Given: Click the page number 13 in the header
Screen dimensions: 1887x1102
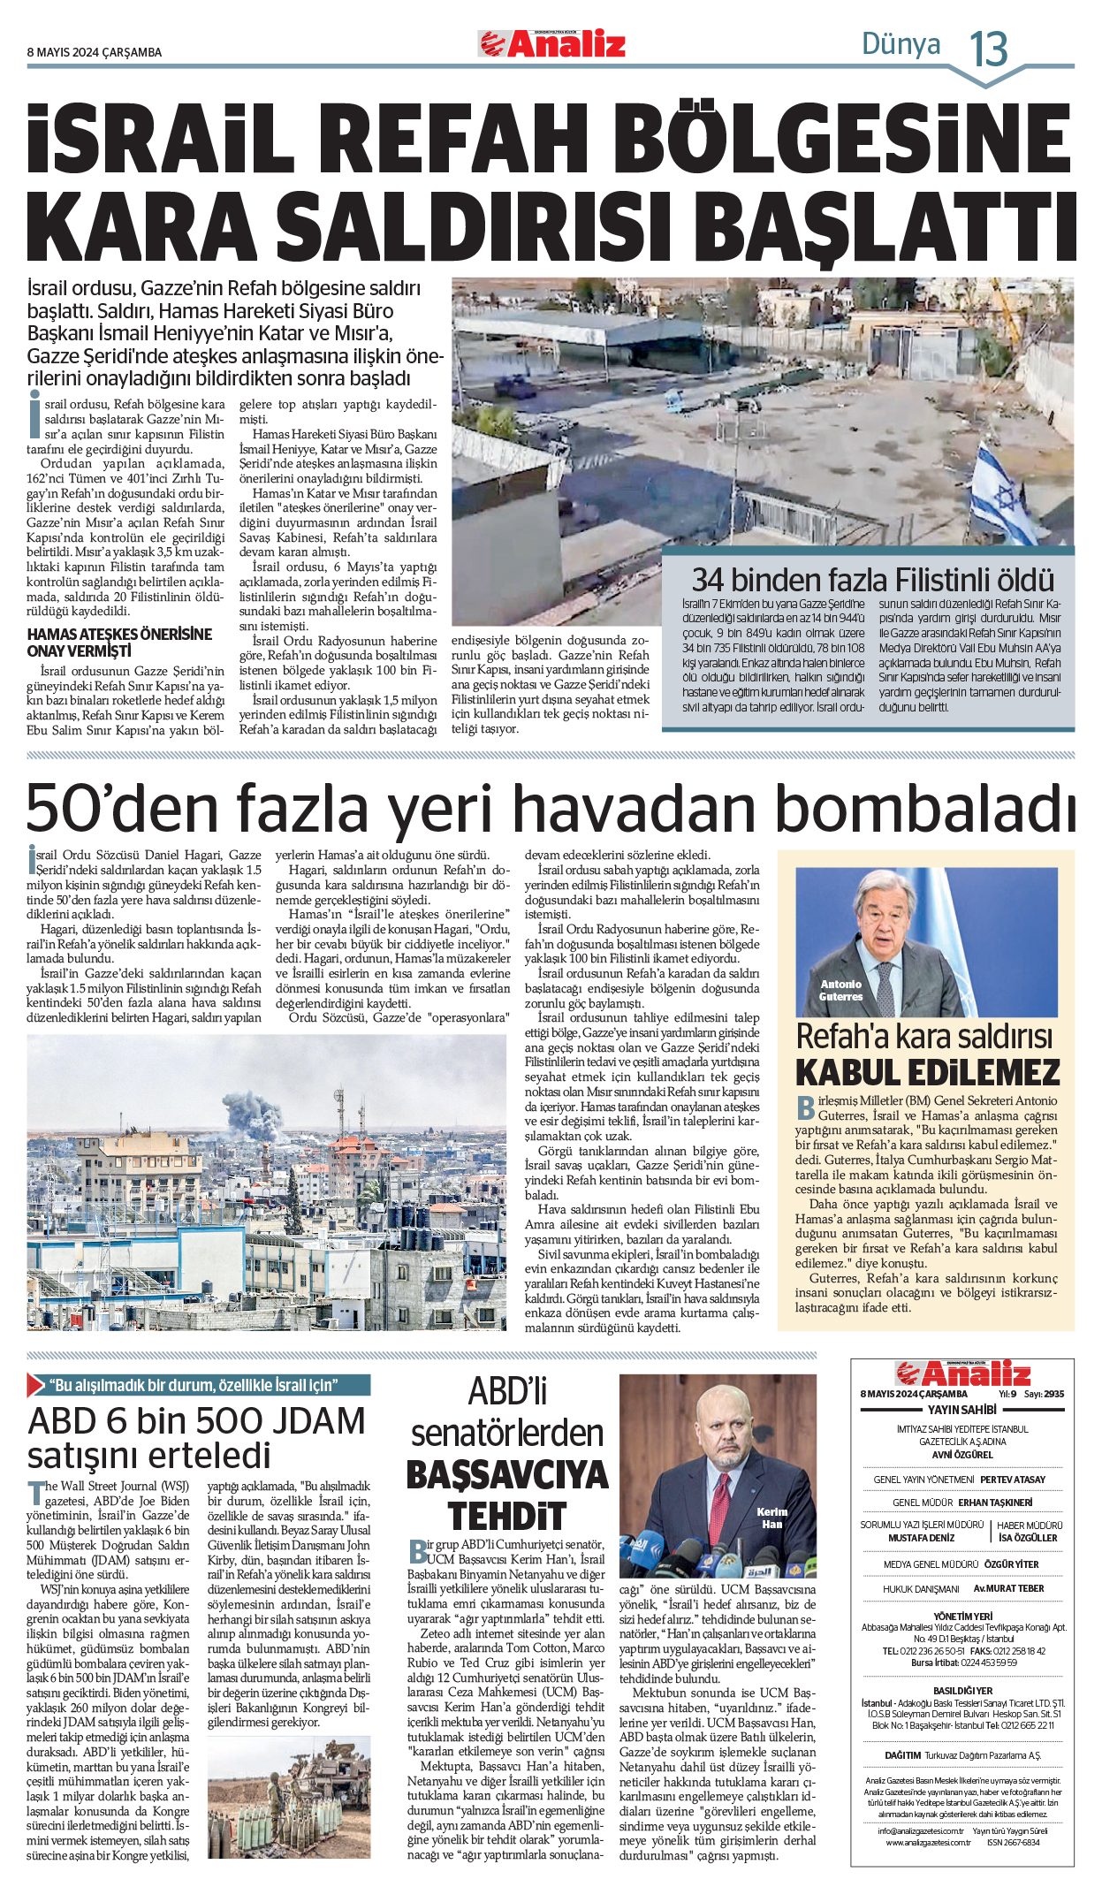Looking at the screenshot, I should (x=989, y=49).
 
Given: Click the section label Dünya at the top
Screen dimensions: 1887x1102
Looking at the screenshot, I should (x=901, y=43).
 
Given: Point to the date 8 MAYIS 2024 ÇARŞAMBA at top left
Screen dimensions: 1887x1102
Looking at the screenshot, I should (x=95, y=53).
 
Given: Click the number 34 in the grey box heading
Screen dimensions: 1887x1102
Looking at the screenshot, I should (x=710, y=580).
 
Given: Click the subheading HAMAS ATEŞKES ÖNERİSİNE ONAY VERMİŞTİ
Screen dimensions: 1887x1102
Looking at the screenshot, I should (x=119, y=643).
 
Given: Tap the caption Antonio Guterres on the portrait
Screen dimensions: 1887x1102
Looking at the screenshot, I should (x=840, y=990).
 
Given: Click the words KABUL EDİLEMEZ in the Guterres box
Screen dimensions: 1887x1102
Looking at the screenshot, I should (x=927, y=1073).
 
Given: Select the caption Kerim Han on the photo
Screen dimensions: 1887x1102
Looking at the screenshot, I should (x=771, y=1518).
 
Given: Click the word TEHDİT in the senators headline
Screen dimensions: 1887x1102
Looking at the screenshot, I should (x=507, y=1516).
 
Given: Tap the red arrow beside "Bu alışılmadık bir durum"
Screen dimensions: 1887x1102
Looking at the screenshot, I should (x=36, y=1385).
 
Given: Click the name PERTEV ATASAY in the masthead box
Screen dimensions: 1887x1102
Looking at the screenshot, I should (x=1012, y=1480).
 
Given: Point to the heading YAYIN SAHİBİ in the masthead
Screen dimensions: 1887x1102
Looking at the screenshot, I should (x=961, y=1410).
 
